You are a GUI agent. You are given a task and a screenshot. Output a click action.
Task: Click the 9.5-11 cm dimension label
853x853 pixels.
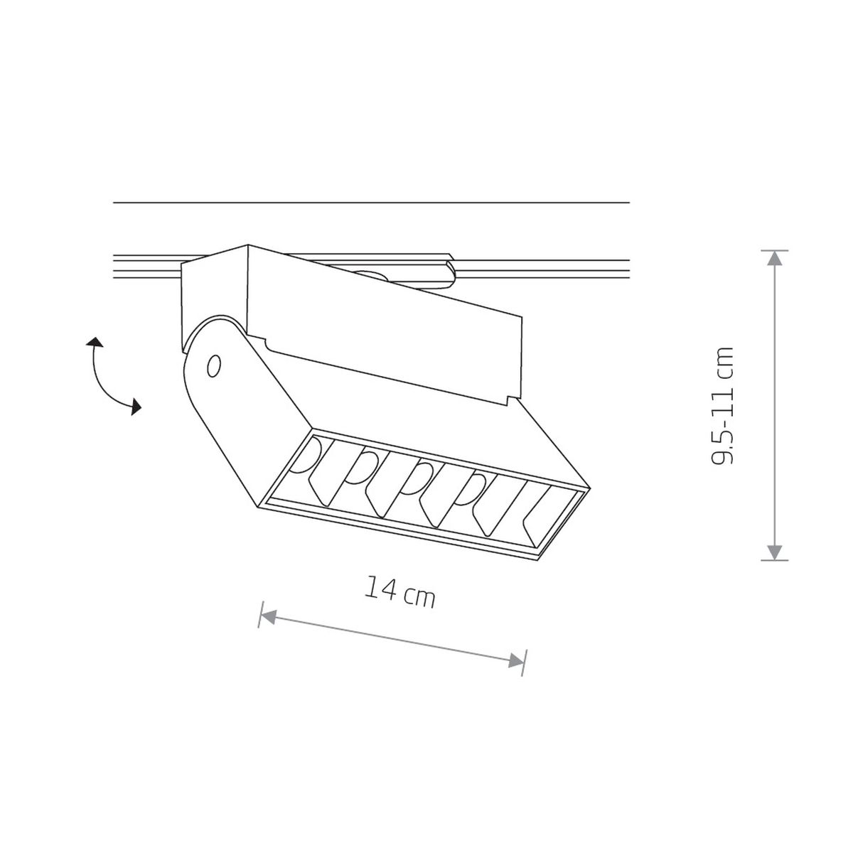click(x=722, y=405)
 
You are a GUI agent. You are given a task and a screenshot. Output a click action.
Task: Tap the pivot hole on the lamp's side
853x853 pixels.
click(x=214, y=366)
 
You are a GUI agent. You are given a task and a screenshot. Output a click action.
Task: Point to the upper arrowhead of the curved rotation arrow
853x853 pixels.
click(x=95, y=342)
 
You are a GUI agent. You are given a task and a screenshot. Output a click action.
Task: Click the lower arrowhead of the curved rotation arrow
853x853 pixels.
click(x=136, y=407)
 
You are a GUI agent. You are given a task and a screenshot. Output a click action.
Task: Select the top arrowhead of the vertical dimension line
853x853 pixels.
click(x=774, y=258)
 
